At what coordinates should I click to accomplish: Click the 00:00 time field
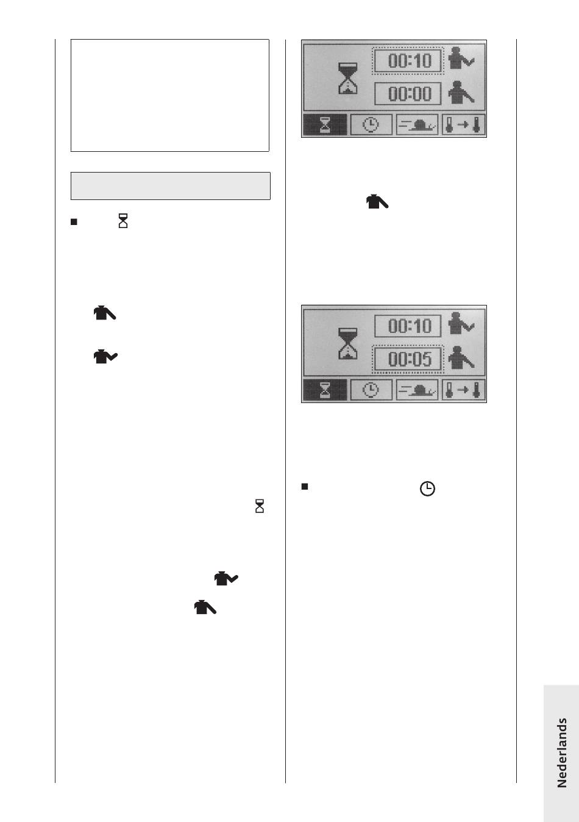click(x=407, y=93)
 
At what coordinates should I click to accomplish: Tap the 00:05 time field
click(x=407, y=359)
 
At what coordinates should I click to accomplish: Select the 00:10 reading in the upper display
click(x=407, y=60)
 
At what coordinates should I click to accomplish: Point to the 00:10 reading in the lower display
click(x=407, y=326)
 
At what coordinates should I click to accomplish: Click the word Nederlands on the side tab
click(x=561, y=752)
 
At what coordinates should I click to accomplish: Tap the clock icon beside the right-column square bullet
click(x=427, y=489)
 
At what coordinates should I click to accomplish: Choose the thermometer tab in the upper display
click(x=463, y=125)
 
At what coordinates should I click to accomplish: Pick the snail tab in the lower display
click(x=417, y=390)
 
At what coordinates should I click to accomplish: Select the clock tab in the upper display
click(x=371, y=125)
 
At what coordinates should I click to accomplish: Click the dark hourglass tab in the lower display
click(x=325, y=390)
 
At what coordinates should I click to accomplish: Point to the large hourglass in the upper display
click(x=347, y=78)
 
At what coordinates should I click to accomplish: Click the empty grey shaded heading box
click(x=171, y=186)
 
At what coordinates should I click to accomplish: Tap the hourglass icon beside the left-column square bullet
click(x=123, y=221)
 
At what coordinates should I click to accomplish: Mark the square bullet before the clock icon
click(x=304, y=487)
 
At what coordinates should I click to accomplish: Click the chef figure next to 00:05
click(x=461, y=358)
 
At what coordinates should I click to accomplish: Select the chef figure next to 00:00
click(x=461, y=93)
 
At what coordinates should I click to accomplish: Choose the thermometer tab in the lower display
click(x=463, y=390)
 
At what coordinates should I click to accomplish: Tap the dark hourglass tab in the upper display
click(x=325, y=125)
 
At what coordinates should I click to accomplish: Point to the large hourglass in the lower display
click(x=347, y=343)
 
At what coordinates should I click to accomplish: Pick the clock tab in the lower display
click(x=371, y=390)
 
